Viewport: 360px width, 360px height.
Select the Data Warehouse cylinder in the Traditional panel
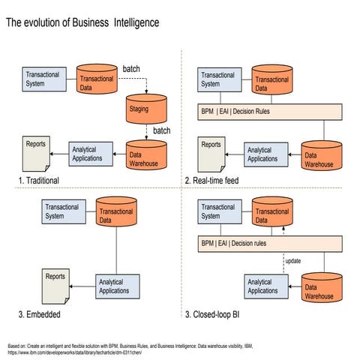coord(145,154)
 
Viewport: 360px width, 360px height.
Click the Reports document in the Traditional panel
coord(37,152)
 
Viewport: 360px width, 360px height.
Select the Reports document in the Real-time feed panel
coord(212,152)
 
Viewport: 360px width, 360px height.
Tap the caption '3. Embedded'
coord(40,315)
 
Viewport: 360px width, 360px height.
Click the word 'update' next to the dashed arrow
coord(292,261)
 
